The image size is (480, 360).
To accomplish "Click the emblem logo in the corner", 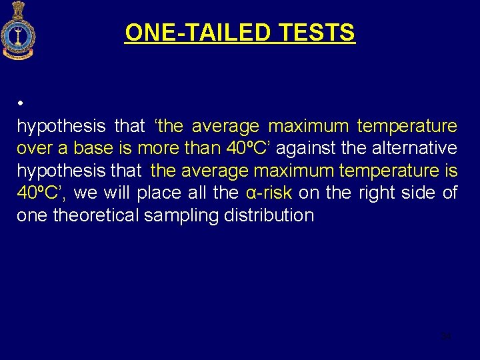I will [x=18, y=31].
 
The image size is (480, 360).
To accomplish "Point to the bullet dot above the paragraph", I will [x=21, y=105].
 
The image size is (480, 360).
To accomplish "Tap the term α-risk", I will [x=269, y=193].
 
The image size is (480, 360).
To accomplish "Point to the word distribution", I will [x=269, y=215].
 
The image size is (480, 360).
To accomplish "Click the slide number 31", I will [x=447, y=336].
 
